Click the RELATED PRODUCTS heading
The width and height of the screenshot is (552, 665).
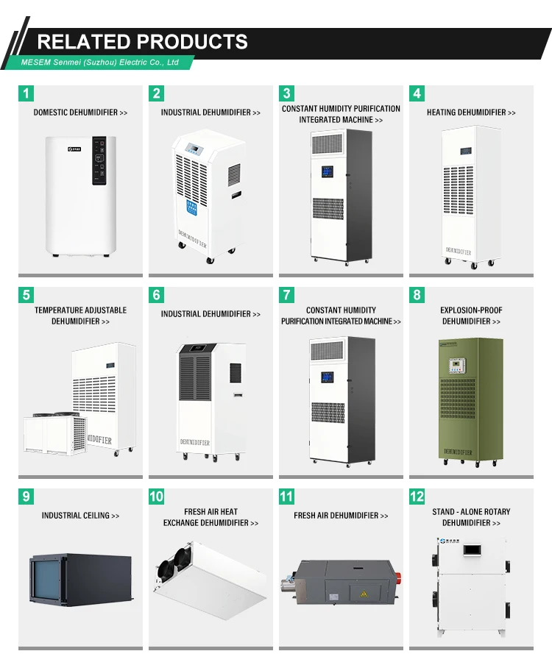pyautogui.click(x=142, y=41)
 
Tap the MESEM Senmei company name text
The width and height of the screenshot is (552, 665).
pyautogui.click(x=99, y=63)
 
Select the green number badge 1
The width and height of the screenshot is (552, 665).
pyautogui.click(x=26, y=93)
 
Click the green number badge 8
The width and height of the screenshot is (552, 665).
pyautogui.click(x=417, y=295)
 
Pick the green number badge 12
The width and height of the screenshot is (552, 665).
pyautogui.click(x=417, y=497)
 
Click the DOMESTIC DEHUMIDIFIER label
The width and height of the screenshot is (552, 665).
pyautogui.click(x=80, y=113)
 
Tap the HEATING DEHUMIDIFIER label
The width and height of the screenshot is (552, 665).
pyautogui.click(x=471, y=113)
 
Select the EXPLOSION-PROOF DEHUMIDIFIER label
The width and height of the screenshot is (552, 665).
pyautogui.click(x=471, y=316)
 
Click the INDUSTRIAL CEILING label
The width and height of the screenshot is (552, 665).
pyautogui.click(x=80, y=515)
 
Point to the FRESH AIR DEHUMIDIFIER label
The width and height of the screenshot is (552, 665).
pyautogui.click(x=341, y=515)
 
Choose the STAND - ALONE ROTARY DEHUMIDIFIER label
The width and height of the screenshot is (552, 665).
pyautogui.click(x=471, y=517)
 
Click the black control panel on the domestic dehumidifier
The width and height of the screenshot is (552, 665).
pyautogui.click(x=99, y=160)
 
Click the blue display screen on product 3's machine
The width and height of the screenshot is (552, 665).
pyautogui.click(x=327, y=171)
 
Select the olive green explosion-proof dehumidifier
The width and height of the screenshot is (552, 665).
pyautogui.click(x=470, y=401)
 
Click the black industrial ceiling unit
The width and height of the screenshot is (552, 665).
pyautogui.click(x=81, y=579)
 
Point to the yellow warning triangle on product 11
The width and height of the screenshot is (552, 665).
pyautogui.click(x=364, y=594)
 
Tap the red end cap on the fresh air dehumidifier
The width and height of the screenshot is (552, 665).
pyautogui.click(x=399, y=577)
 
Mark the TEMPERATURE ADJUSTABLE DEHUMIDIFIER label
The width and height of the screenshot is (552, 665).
pyautogui.click(x=80, y=316)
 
